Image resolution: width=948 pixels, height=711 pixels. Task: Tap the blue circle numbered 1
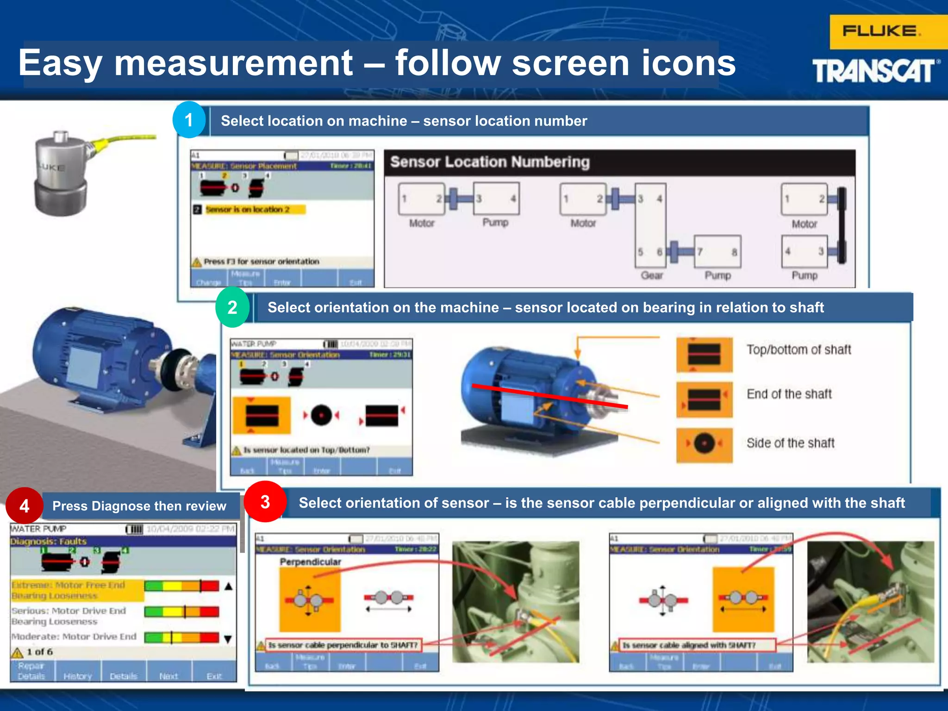coord(189,120)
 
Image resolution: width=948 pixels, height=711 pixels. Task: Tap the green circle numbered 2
coord(232,307)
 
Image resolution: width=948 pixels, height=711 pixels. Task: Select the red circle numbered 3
coord(265,502)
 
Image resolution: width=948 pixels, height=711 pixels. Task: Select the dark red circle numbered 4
coord(24,505)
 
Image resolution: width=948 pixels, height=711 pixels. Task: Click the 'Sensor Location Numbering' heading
coord(490,162)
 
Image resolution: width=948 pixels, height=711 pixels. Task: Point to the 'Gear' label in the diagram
coord(652,275)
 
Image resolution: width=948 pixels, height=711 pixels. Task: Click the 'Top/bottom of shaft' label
coord(798,349)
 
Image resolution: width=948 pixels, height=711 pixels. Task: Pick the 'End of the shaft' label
coord(789,394)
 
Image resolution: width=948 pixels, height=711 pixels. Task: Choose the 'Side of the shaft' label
coord(791,443)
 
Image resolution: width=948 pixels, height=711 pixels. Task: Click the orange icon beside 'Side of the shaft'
coord(704,444)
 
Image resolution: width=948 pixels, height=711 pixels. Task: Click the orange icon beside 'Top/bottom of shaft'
coord(704,355)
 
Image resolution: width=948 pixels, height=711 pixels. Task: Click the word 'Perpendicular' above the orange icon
coord(310,561)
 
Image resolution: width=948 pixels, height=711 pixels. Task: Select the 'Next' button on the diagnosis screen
coord(168,676)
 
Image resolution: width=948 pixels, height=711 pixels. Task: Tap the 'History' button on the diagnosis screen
coord(78,676)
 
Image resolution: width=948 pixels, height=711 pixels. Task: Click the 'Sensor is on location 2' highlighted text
coord(248,210)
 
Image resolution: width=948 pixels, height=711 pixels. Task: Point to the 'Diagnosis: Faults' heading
coord(49,541)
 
